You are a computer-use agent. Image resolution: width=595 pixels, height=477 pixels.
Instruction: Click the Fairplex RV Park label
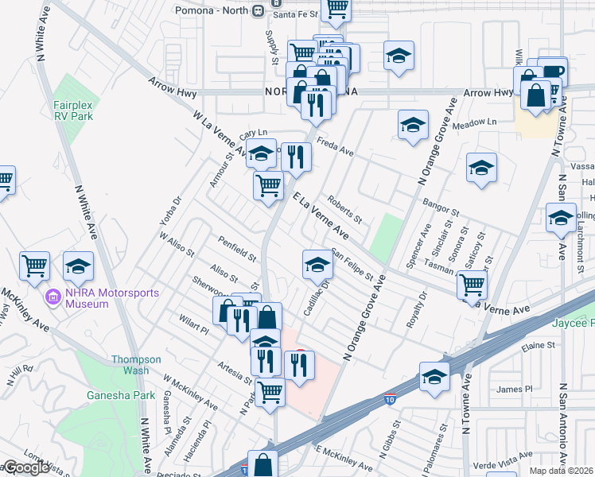pyautogui.click(x=73, y=111)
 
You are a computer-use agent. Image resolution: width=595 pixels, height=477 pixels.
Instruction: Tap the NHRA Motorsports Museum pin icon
pyautogui.click(x=54, y=298)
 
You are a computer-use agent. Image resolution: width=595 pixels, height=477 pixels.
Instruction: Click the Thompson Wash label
pyautogui.click(x=130, y=365)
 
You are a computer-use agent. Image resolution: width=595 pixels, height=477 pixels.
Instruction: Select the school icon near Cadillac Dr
pyautogui.click(x=317, y=265)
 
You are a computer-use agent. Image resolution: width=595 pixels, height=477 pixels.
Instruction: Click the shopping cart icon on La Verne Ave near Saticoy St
pyautogui.click(x=472, y=283)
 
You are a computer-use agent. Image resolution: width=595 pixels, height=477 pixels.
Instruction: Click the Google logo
pyautogui.click(x=25, y=468)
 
